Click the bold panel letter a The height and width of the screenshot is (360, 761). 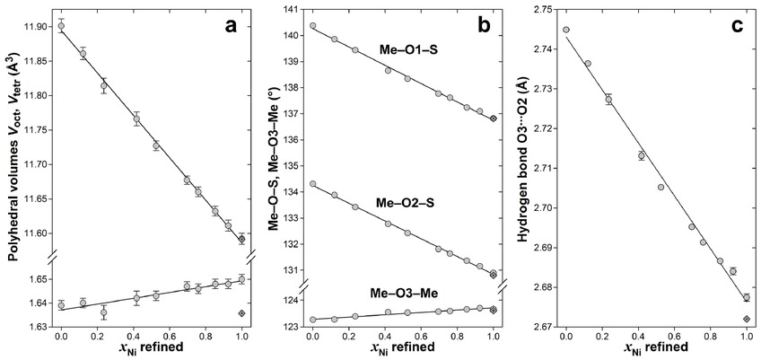(x=231, y=26)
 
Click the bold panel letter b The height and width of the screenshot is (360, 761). (x=484, y=26)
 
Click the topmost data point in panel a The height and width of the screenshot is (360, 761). (x=61, y=26)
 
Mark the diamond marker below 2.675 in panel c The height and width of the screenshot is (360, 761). (x=748, y=319)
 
